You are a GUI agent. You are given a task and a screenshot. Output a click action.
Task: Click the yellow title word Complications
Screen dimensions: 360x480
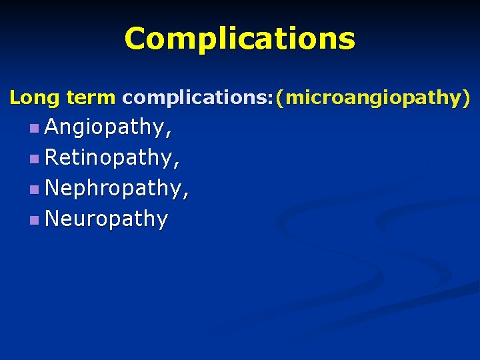click(x=239, y=39)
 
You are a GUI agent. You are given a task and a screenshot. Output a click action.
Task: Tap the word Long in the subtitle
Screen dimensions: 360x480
click(x=35, y=98)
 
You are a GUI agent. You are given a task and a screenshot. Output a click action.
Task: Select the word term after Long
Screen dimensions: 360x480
click(x=91, y=98)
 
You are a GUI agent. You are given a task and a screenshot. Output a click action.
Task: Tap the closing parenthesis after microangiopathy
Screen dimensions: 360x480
click(x=466, y=99)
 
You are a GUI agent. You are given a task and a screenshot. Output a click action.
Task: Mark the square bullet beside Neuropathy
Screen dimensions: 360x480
click(x=34, y=220)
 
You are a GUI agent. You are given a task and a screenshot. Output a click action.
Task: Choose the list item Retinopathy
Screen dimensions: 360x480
click(x=109, y=158)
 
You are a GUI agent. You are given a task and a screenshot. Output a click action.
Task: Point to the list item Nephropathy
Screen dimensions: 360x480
click(x=113, y=189)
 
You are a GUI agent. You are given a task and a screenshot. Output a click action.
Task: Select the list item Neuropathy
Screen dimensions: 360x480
click(x=106, y=219)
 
